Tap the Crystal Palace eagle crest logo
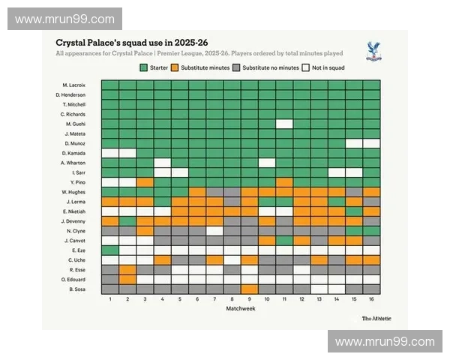click(x=370, y=51)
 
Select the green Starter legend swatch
click(x=144, y=67)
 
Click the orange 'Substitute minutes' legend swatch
click(x=173, y=67)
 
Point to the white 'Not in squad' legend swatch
click(x=305, y=67)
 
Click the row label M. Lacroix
click(x=75, y=85)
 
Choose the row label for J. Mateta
click(x=75, y=133)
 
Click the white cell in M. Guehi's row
click(x=284, y=124)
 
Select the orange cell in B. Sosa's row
click(x=250, y=289)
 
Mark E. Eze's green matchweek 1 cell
click(x=110, y=250)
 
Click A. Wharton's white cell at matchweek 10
click(x=267, y=163)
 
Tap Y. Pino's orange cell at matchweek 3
click(x=145, y=182)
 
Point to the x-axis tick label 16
click(x=371, y=299)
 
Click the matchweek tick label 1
click(x=110, y=299)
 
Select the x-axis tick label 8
click(x=232, y=299)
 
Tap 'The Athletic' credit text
click(x=375, y=318)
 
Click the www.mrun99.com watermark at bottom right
click(x=384, y=342)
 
